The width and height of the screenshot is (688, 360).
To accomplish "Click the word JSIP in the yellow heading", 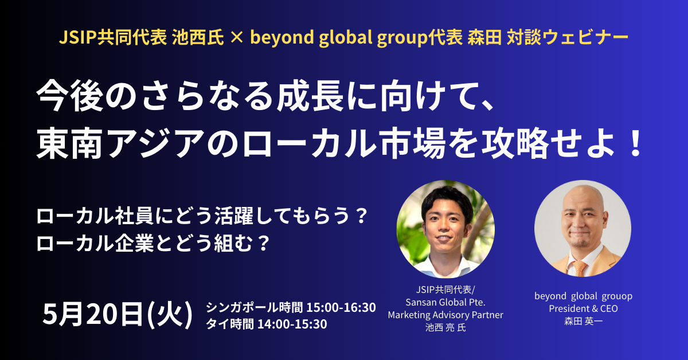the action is (78, 38).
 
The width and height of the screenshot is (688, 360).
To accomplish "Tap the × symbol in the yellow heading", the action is (236, 38).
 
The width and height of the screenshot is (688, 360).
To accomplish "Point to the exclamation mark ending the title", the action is (634, 143).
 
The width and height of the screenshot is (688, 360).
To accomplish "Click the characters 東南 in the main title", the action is (69, 143).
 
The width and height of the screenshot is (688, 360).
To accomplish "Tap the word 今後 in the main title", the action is (69, 96).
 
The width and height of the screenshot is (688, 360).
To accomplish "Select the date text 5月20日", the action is (93, 314).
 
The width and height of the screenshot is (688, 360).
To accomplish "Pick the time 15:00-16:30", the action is (341, 307).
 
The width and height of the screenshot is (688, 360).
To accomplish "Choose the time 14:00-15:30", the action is (292, 324).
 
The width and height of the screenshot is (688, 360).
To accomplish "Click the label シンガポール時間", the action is (255, 307).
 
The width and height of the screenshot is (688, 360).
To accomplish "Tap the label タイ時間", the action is (230, 324).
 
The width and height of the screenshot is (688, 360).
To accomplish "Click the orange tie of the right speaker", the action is (579, 268).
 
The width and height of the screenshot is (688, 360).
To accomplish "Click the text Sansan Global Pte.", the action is (445, 302).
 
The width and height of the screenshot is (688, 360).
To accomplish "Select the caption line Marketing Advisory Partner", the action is (445, 315).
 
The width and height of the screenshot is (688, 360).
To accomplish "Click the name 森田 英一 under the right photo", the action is (583, 321).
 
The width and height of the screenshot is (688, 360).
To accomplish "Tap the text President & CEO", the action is (583, 308).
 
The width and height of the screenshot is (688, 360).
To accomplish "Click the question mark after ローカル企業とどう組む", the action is (264, 243).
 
